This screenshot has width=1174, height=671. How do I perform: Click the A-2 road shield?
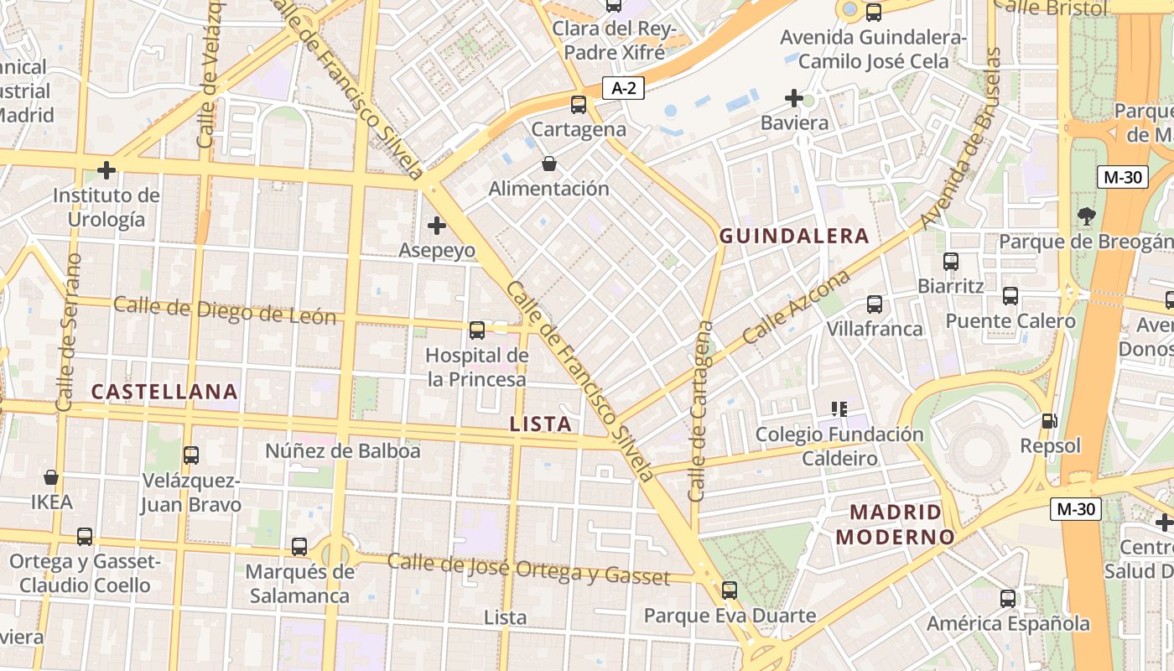(x=622, y=88)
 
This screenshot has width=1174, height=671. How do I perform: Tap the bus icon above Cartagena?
(x=579, y=105)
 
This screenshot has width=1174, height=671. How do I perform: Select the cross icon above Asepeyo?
(x=436, y=225)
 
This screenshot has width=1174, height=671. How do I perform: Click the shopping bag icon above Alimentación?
(x=548, y=163)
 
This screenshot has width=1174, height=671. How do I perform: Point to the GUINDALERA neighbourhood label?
(x=794, y=237)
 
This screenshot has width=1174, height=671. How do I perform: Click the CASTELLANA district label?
(x=164, y=392)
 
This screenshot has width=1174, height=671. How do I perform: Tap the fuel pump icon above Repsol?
(x=1048, y=420)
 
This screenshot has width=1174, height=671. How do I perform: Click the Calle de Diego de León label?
(x=225, y=310)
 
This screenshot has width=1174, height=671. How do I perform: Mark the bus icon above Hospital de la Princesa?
(x=477, y=330)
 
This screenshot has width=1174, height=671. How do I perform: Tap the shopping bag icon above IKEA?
(x=51, y=477)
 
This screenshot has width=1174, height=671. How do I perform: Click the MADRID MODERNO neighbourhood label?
(x=896, y=524)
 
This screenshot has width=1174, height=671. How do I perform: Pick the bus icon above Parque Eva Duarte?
(x=730, y=590)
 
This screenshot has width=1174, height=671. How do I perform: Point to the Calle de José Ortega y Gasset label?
(x=528, y=570)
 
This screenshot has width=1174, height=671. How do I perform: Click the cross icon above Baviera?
(x=793, y=98)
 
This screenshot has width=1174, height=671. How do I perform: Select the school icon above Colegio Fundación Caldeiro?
(x=839, y=409)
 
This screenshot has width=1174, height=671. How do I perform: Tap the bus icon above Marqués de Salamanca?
(x=299, y=547)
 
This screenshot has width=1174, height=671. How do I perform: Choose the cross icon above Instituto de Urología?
(x=106, y=170)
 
